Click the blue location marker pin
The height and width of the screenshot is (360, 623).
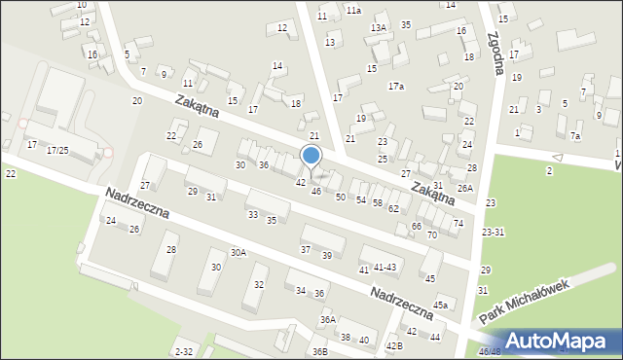(x=311, y=157)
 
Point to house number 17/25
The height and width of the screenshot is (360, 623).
(x=59, y=150)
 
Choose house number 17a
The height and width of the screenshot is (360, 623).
(x=395, y=87)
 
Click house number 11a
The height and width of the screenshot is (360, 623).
(x=352, y=10)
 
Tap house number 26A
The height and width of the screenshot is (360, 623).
(x=465, y=188)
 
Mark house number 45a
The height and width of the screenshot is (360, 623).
(x=441, y=306)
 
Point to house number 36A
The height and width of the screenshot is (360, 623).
(x=328, y=319)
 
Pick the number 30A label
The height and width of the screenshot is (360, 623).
(x=238, y=252)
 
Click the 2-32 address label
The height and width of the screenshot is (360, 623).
(x=183, y=350)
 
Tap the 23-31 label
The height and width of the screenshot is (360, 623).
(x=493, y=232)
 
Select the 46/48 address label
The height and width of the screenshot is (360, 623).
(x=490, y=351)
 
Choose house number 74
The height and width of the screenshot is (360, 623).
(x=458, y=224)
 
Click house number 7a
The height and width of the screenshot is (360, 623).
(x=575, y=136)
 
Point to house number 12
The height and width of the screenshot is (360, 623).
(x=282, y=27)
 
